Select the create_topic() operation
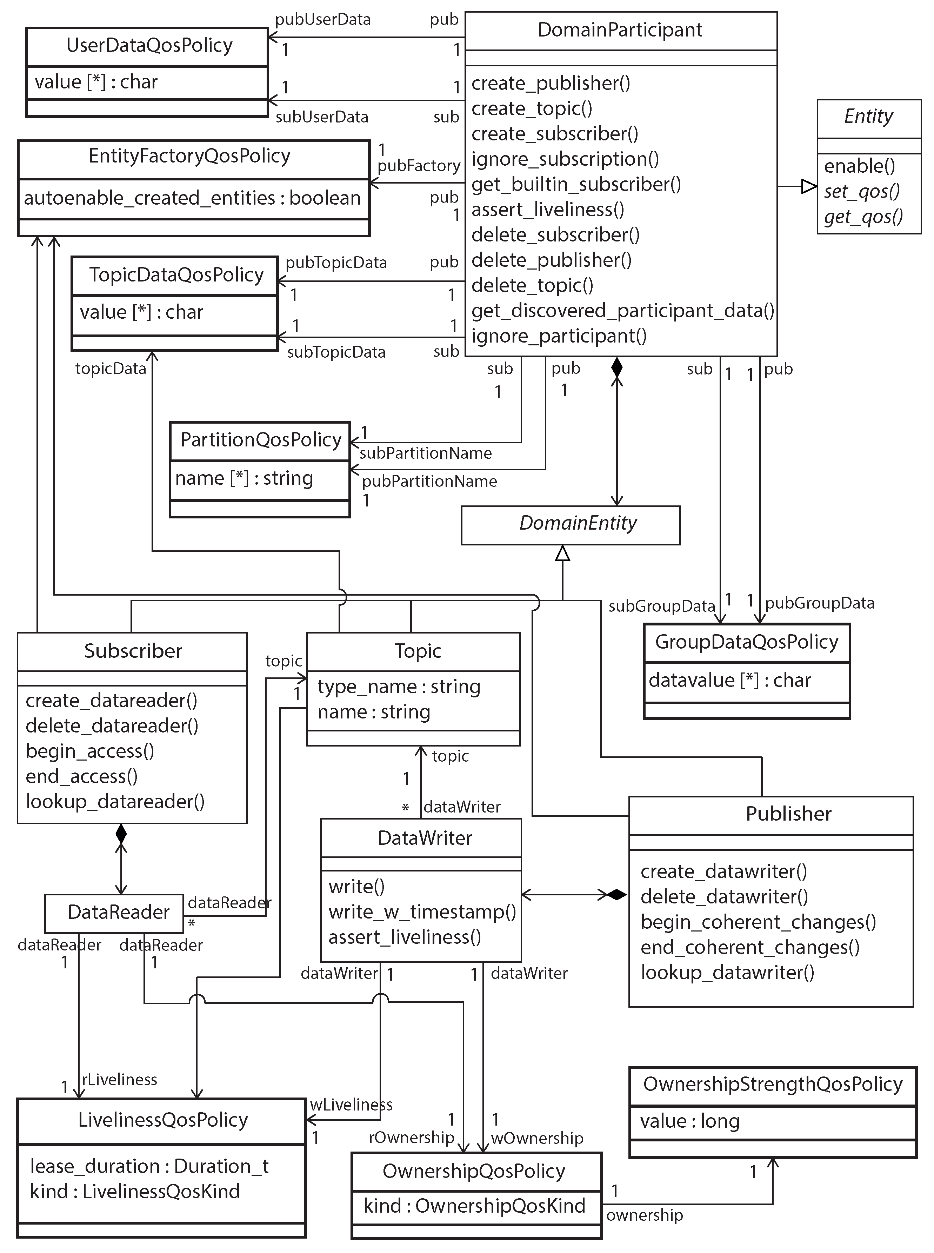tap(532, 108)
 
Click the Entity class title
tap(868, 117)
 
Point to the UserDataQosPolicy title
tap(149, 45)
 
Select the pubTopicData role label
tap(336, 263)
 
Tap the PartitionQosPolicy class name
tap(261, 439)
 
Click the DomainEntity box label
tap(578, 523)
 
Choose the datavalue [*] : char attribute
tap(729, 680)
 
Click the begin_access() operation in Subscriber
tap(90, 751)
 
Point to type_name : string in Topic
tap(399, 687)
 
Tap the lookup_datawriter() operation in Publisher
tap(727, 973)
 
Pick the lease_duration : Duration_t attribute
tap(149, 1166)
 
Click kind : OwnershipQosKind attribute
tap(474, 1206)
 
